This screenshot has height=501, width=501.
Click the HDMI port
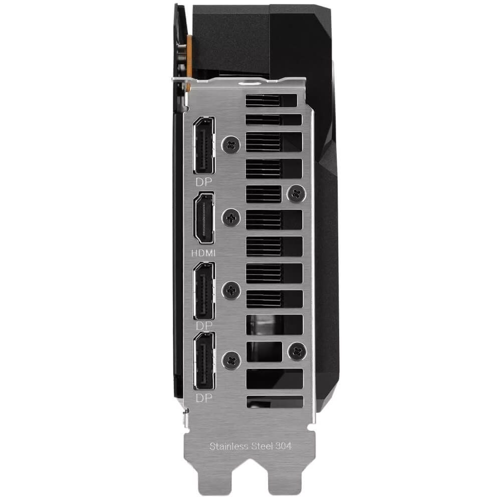pyautogui.click(x=204, y=218)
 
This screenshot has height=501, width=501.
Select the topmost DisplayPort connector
pyautogui.click(x=203, y=145)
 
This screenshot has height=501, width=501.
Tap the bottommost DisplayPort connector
pyautogui.click(x=204, y=360)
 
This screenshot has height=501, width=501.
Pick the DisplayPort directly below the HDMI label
pyautogui.click(x=204, y=291)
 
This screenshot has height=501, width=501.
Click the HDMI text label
pyautogui.click(x=203, y=253)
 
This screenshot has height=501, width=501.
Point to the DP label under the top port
pyautogui.click(x=204, y=182)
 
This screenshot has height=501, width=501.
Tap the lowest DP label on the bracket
pyautogui.click(x=204, y=398)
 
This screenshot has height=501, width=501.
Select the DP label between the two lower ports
pyautogui.click(x=204, y=326)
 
